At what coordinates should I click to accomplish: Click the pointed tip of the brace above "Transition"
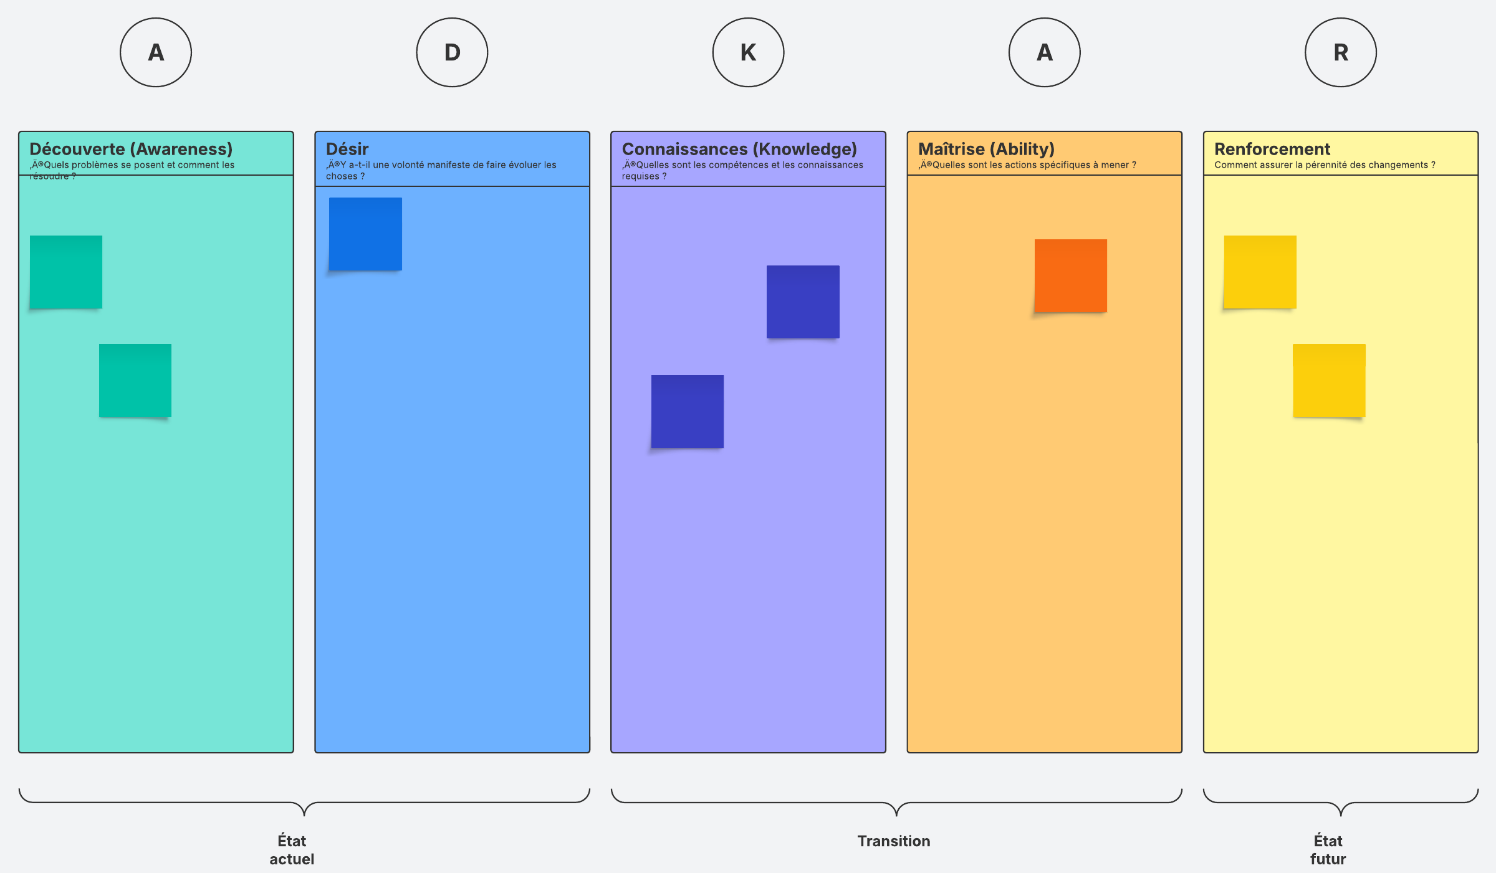point(896,815)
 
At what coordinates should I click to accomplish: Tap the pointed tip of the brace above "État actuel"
point(304,815)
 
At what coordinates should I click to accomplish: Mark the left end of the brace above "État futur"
point(1204,790)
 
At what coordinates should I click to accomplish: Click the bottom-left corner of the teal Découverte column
point(19,752)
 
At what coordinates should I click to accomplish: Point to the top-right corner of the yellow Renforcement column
point(1478,131)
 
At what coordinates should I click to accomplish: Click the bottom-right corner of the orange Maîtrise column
point(1182,752)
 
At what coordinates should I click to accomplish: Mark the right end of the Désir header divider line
point(590,186)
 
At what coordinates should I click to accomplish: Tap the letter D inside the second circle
point(453,52)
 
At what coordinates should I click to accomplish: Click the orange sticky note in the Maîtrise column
point(1071,276)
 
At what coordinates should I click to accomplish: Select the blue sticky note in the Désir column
point(365,234)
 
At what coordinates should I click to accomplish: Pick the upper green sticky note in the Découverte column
point(66,272)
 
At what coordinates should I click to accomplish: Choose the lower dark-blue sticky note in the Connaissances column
point(688,411)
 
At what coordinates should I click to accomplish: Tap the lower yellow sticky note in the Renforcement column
point(1329,381)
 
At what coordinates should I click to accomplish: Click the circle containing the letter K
point(748,52)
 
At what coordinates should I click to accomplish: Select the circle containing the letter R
point(1341,52)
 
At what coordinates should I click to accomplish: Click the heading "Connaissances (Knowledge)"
point(739,150)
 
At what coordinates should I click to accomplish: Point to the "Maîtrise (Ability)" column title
point(986,150)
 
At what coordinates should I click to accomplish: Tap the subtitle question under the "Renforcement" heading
point(1325,165)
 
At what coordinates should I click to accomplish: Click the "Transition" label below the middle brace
point(894,841)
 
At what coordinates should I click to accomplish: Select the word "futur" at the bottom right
point(1328,859)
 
